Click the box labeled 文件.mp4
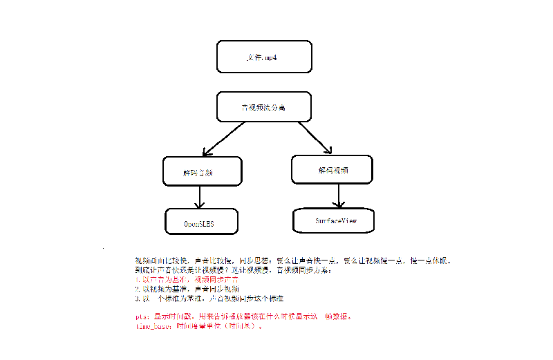[x=264, y=57]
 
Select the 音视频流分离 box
[x=264, y=108]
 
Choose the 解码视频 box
[x=332, y=169]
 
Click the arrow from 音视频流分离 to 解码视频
[x=315, y=137]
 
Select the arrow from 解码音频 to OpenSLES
[x=200, y=198]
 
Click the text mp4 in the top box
[x=272, y=57]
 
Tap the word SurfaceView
[x=335, y=221]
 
